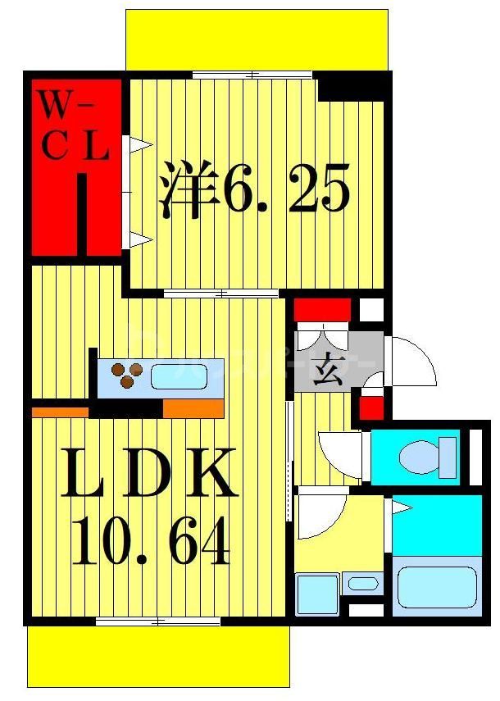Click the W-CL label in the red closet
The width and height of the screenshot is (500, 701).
point(75,127)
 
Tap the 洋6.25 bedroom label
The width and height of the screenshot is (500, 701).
point(255,189)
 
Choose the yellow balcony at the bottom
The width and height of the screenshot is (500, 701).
point(157,656)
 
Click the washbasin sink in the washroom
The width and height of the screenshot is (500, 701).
point(361,585)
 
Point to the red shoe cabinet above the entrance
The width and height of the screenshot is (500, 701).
point(322,309)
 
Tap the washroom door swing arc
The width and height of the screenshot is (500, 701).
point(320,517)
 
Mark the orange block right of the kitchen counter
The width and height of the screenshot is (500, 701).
point(193,408)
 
